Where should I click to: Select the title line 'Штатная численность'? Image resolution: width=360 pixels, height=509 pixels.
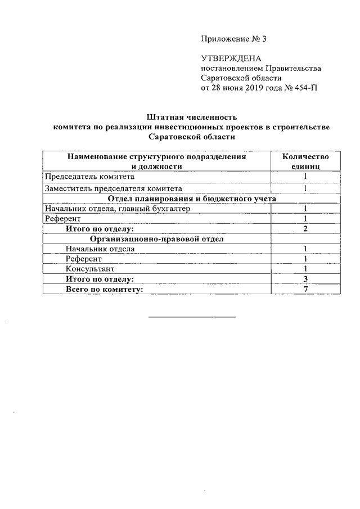(191, 118)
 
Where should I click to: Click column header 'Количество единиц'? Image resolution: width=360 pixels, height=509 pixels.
(305, 161)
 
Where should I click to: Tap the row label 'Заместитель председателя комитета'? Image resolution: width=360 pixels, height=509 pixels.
(113, 188)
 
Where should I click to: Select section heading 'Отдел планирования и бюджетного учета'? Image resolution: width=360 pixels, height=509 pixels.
(191, 199)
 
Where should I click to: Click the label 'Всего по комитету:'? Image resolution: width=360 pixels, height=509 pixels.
(104, 289)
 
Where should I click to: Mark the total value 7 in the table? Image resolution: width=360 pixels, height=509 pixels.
(305, 289)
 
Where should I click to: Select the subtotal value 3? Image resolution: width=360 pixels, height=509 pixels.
(305, 279)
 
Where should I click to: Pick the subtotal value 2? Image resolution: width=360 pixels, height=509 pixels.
(305, 228)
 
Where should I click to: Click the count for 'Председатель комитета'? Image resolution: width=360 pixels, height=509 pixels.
(305, 177)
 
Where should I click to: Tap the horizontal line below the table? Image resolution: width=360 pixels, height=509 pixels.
(192, 317)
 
